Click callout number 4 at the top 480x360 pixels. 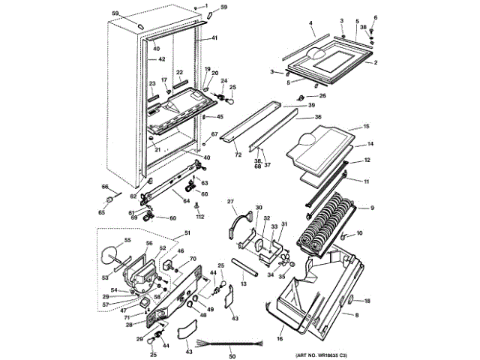310,24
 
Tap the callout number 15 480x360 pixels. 367,127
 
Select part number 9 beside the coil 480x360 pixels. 371,208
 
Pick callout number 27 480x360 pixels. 231,201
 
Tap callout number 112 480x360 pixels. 200,217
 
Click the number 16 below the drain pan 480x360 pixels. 280,340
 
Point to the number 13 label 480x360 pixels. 244,285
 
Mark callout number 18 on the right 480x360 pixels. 367,301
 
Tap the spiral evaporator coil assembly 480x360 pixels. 328,222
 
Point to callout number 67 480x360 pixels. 214,135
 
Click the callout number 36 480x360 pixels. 318,117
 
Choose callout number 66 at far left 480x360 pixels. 105,187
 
